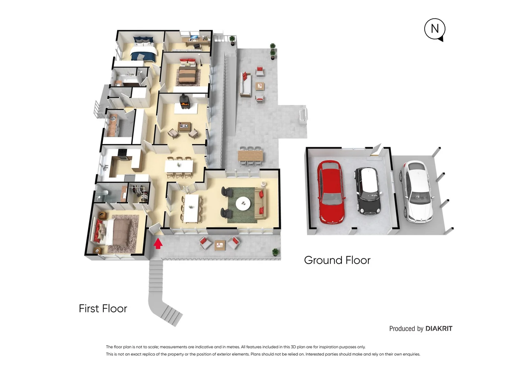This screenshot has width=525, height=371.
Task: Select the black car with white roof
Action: (x=368, y=191)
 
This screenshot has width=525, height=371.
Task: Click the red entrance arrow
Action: (x=158, y=244)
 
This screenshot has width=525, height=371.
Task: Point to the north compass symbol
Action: (x=435, y=29)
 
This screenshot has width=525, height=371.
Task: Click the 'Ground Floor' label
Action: (x=337, y=260)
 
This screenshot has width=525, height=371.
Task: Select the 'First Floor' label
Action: (x=103, y=308)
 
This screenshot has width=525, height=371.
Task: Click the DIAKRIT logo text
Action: (x=439, y=329)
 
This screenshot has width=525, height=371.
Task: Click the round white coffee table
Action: (x=243, y=203)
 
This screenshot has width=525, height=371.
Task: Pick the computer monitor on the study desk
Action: (x=194, y=37)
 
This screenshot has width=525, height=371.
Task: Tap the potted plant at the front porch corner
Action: (x=275, y=252)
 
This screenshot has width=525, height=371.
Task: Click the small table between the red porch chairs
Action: (x=220, y=245)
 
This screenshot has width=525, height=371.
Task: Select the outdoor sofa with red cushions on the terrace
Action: (x=245, y=83)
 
